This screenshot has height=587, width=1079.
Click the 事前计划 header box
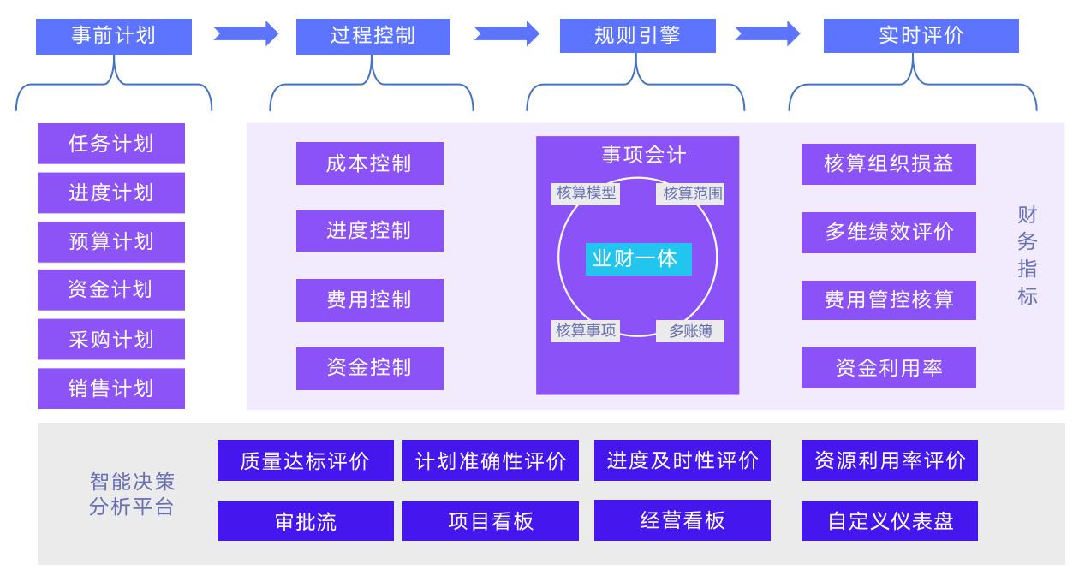click(113, 36)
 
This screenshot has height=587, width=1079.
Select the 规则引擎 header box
click(637, 36)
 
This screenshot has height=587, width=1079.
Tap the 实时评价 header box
click(921, 36)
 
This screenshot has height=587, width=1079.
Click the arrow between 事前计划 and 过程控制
click(246, 33)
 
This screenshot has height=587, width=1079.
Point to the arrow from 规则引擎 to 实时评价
click(767, 33)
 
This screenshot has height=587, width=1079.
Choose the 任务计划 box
click(111, 143)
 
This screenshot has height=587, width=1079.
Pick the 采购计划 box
click(111, 339)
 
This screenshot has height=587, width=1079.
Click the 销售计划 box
click(111, 388)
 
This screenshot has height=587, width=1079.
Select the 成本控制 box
click(369, 163)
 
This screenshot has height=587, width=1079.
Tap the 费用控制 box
click(369, 299)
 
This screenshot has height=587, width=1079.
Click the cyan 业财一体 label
click(638, 258)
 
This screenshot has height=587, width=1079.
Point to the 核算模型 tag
click(586, 193)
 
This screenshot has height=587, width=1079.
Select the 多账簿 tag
click(690, 331)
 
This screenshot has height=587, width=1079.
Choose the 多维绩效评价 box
click(888, 232)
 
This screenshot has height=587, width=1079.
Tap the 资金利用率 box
click(888, 368)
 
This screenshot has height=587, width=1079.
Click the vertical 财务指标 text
click(1027, 255)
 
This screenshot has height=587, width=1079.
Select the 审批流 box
click(305, 521)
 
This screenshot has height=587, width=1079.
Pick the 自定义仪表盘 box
click(889, 521)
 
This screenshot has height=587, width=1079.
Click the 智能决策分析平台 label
click(132, 494)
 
